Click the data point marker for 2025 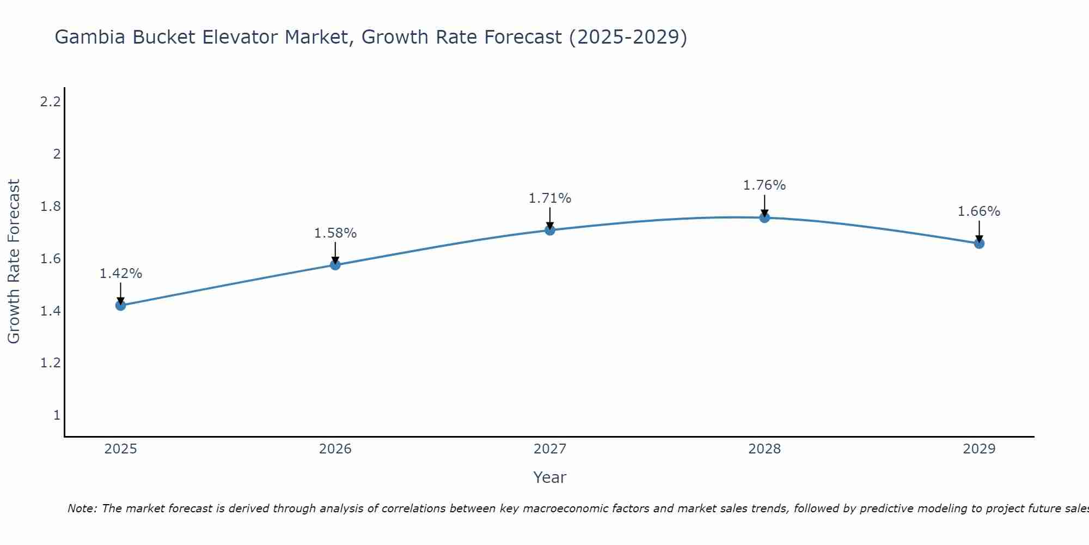121,305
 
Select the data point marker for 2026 335,265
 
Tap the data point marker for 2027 550,230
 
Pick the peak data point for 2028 764,217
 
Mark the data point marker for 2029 979,243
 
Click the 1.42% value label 121,274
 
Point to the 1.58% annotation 335,233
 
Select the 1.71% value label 550,198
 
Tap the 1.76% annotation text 764,185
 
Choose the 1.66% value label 979,211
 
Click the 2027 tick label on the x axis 550,449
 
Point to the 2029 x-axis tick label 979,449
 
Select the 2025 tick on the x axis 121,449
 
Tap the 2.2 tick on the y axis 50,101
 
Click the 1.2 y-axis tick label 50,363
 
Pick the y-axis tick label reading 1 57,415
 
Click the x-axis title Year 550,477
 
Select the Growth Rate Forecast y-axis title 14,262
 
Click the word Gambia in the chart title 90,37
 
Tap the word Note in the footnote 82,508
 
